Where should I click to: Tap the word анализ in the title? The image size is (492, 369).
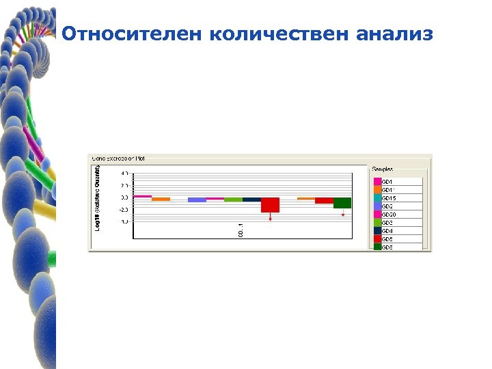coord(394,33)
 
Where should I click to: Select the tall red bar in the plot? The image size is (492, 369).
coord(270,205)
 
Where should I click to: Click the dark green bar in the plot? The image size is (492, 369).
coord(342,203)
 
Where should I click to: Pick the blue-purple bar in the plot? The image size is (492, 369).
coord(197,200)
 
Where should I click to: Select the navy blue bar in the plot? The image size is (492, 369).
coord(251,200)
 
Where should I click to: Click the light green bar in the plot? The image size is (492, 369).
coord(233,200)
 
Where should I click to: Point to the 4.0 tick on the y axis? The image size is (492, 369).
coord(126,173)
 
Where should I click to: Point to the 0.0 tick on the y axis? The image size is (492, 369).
coord(126,197)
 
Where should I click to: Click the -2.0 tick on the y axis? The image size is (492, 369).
coord(126,210)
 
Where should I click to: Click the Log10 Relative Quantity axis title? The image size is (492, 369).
coord(97,198)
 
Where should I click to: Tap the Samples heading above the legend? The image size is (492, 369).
coord(383,169)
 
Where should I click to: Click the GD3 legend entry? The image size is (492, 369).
coord(387,223)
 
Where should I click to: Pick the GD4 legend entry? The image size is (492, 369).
coord(387,231)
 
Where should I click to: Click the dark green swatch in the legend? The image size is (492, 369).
coord(377,247)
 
